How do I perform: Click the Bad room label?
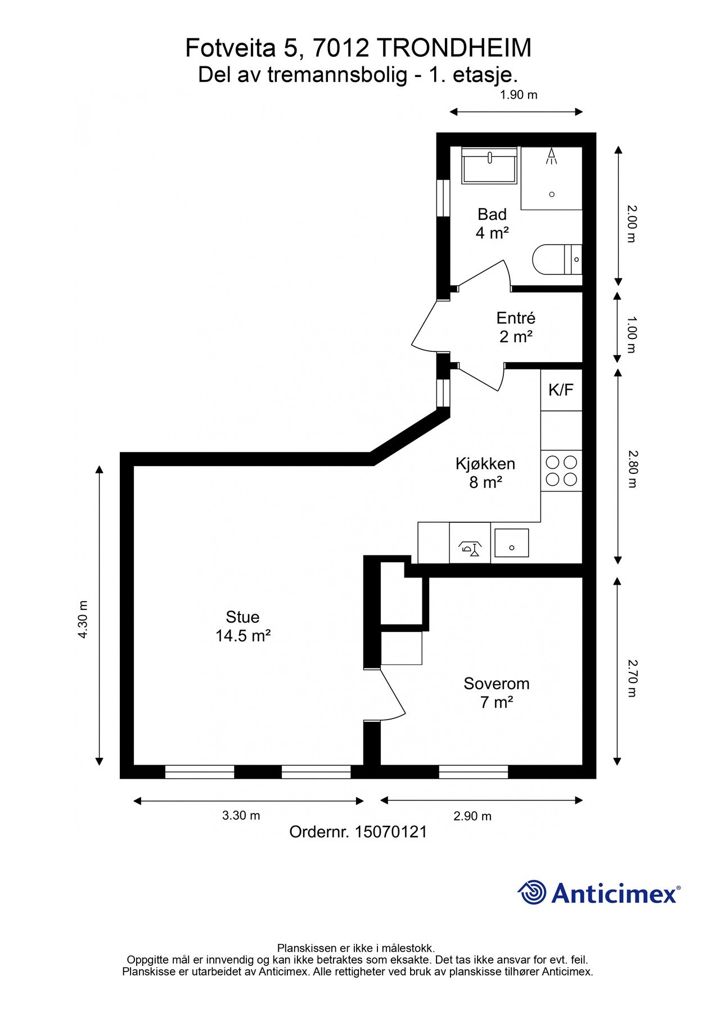click(x=492, y=223)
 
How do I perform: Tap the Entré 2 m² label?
click(x=516, y=327)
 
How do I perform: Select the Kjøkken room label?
click(x=485, y=472)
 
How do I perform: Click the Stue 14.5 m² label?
click(x=243, y=626)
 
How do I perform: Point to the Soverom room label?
click(x=496, y=693)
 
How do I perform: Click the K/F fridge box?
click(x=561, y=390)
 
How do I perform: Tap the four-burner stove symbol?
click(x=561, y=471)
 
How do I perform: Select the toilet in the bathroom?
click(x=554, y=260)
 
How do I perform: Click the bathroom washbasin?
click(x=489, y=165)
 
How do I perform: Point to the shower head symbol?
click(x=552, y=156)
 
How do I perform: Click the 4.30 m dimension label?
click(x=83, y=619)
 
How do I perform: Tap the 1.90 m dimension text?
click(x=519, y=94)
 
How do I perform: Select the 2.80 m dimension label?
click(x=632, y=469)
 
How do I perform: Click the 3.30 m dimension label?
click(x=241, y=815)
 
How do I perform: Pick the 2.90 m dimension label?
click(x=472, y=816)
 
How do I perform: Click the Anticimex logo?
click(x=598, y=893)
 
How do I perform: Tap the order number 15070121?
click(x=390, y=832)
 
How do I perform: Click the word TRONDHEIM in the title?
click(x=453, y=48)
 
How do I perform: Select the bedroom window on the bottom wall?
click(x=474, y=772)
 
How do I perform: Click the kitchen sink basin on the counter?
click(x=511, y=543)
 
